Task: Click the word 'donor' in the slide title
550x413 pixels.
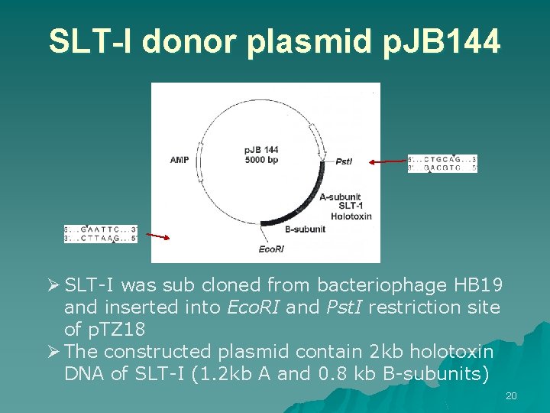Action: click(187, 42)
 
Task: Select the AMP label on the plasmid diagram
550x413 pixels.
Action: click(180, 160)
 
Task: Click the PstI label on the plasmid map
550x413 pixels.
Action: click(344, 161)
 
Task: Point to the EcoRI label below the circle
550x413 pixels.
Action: click(271, 249)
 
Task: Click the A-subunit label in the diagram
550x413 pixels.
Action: click(341, 197)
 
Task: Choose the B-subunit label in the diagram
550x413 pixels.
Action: click(305, 229)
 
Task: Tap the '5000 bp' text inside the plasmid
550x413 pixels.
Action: click(261, 160)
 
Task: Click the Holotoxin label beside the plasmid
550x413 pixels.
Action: click(351, 216)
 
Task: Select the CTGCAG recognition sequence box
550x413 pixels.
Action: click(442, 163)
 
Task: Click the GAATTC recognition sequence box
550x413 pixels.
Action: click(101, 233)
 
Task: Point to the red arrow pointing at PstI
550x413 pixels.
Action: click(387, 161)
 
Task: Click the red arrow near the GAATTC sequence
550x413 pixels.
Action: click(159, 237)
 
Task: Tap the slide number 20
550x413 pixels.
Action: click(511, 395)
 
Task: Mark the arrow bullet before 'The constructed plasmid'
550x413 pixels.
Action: click(54, 352)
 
